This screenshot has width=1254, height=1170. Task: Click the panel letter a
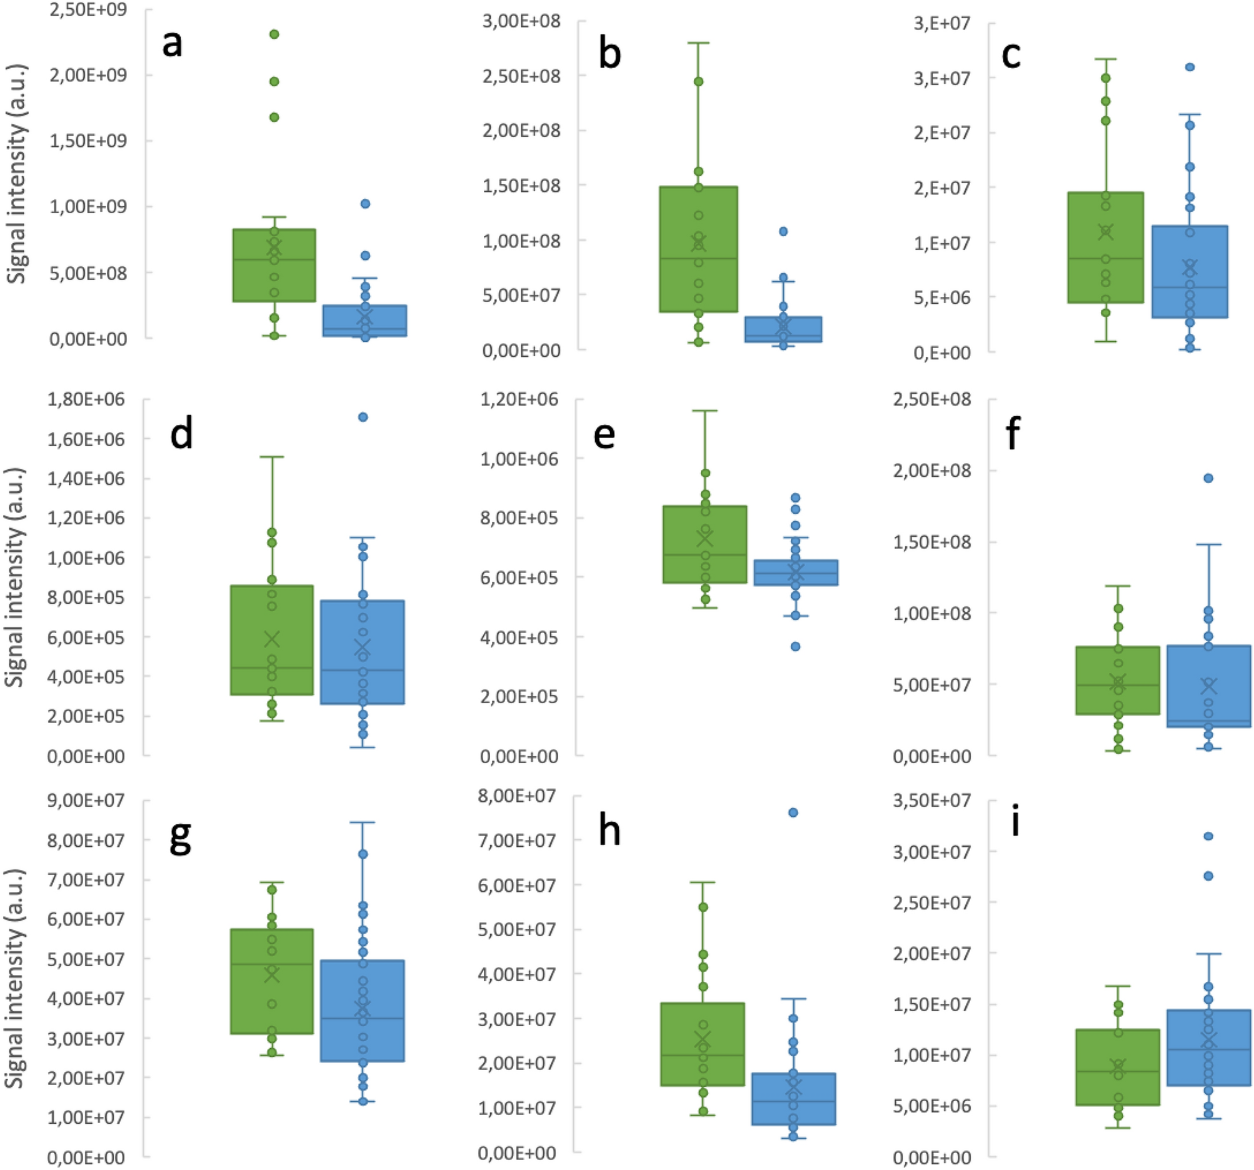[x=172, y=44]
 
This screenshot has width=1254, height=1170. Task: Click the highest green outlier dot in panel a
[x=274, y=34]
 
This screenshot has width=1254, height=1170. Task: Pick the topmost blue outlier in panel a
[x=365, y=204]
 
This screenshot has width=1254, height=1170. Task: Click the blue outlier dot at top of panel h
[x=793, y=812]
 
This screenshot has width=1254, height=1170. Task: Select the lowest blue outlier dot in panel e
[x=795, y=646]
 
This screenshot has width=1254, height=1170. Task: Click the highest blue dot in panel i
[x=1208, y=836]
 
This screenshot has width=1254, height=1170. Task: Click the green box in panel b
[x=698, y=249]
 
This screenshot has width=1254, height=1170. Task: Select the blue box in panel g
[x=363, y=1011]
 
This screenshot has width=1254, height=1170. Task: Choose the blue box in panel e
[x=796, y=572]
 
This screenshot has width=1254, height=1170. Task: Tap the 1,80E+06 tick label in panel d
[x=86, y=399]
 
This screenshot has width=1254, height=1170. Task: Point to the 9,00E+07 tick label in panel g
[x=86, y=801]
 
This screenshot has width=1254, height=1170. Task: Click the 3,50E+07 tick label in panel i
[x=932, y=801]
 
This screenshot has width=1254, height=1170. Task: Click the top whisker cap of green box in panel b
[x=698, y=43]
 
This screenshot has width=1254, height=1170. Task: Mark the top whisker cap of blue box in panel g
[x=363, y=822]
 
